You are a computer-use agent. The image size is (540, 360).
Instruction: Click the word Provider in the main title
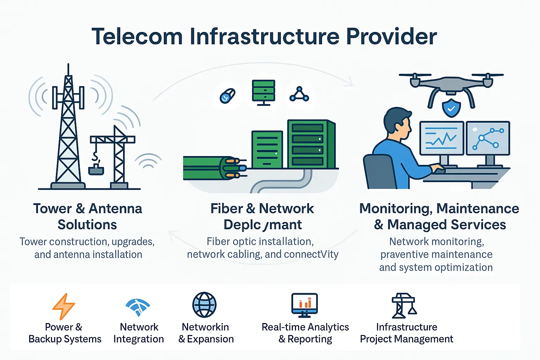(x=391, y=37)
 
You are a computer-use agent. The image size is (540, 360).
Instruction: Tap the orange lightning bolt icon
(x=63, y=306)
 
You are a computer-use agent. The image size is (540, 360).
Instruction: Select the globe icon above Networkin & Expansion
(x=204, y=305)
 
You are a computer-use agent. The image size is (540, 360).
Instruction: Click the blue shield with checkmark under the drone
(x=451, y=108)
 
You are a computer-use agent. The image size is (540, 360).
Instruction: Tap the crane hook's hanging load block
(x=96, y=170)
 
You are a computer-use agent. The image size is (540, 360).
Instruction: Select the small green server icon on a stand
(x=264, y=92)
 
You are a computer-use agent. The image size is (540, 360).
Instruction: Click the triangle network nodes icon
(x=299, y=94)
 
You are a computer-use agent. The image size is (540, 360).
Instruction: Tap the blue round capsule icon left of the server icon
(x=227, y=96)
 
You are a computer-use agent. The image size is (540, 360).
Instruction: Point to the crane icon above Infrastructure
(x=404, y=306)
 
